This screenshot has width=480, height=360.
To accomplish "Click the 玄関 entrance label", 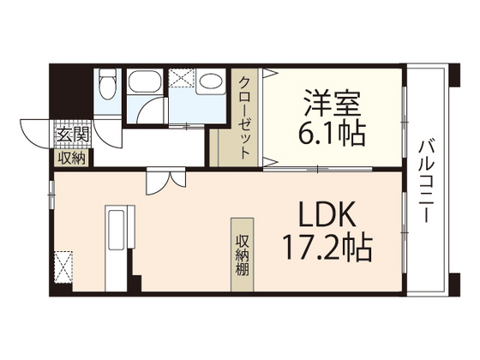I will tap(73, 134).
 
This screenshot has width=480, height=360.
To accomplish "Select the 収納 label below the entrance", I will tap(72, 157).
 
